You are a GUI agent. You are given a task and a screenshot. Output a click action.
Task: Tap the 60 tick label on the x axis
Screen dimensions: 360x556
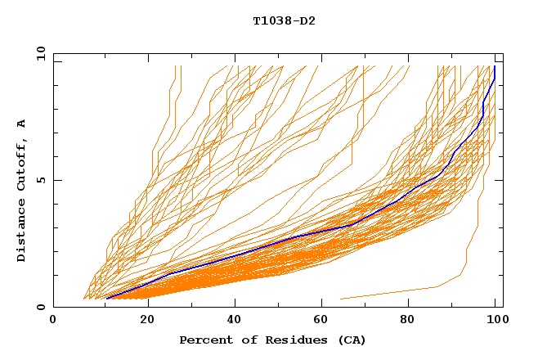click(x=325, y=322)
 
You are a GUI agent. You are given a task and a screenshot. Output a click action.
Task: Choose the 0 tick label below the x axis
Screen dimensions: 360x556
click(x=54, y=322)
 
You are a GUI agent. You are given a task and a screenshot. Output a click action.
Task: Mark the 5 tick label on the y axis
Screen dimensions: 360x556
click(x=41, y=180)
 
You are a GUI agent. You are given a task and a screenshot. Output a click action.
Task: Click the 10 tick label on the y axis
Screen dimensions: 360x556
click(x=38, y=53)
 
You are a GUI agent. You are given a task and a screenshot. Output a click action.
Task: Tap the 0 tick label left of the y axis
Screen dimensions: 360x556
click(x=41, y=307)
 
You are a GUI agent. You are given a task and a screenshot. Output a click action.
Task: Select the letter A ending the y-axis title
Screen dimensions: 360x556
click(x=21, y=123)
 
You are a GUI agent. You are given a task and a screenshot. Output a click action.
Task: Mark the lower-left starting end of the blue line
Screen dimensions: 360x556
click(x=107, y=299)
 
